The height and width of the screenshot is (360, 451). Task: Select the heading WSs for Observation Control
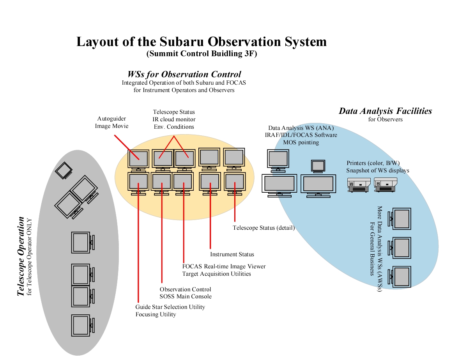point(184,74)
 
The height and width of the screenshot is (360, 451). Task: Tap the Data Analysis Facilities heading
point(385,111)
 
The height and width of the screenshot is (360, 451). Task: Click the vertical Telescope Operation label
point(21,256)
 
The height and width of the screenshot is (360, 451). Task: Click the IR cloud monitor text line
point(174,119)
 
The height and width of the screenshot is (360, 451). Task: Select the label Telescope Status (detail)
point(264,228)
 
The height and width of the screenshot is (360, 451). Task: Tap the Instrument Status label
point(232,254)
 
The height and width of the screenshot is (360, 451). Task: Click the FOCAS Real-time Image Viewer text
point(224,266)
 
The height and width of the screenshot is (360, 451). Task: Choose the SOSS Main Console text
point(186,296)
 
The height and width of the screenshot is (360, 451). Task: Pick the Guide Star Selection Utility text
point(170,307)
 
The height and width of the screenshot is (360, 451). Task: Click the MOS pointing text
point(301,142)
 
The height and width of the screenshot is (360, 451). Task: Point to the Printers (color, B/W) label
point(373,163)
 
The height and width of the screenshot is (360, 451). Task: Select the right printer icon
point(385,184)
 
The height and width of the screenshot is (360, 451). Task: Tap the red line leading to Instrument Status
point(210,218)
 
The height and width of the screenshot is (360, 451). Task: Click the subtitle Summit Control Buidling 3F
point(202,54)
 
